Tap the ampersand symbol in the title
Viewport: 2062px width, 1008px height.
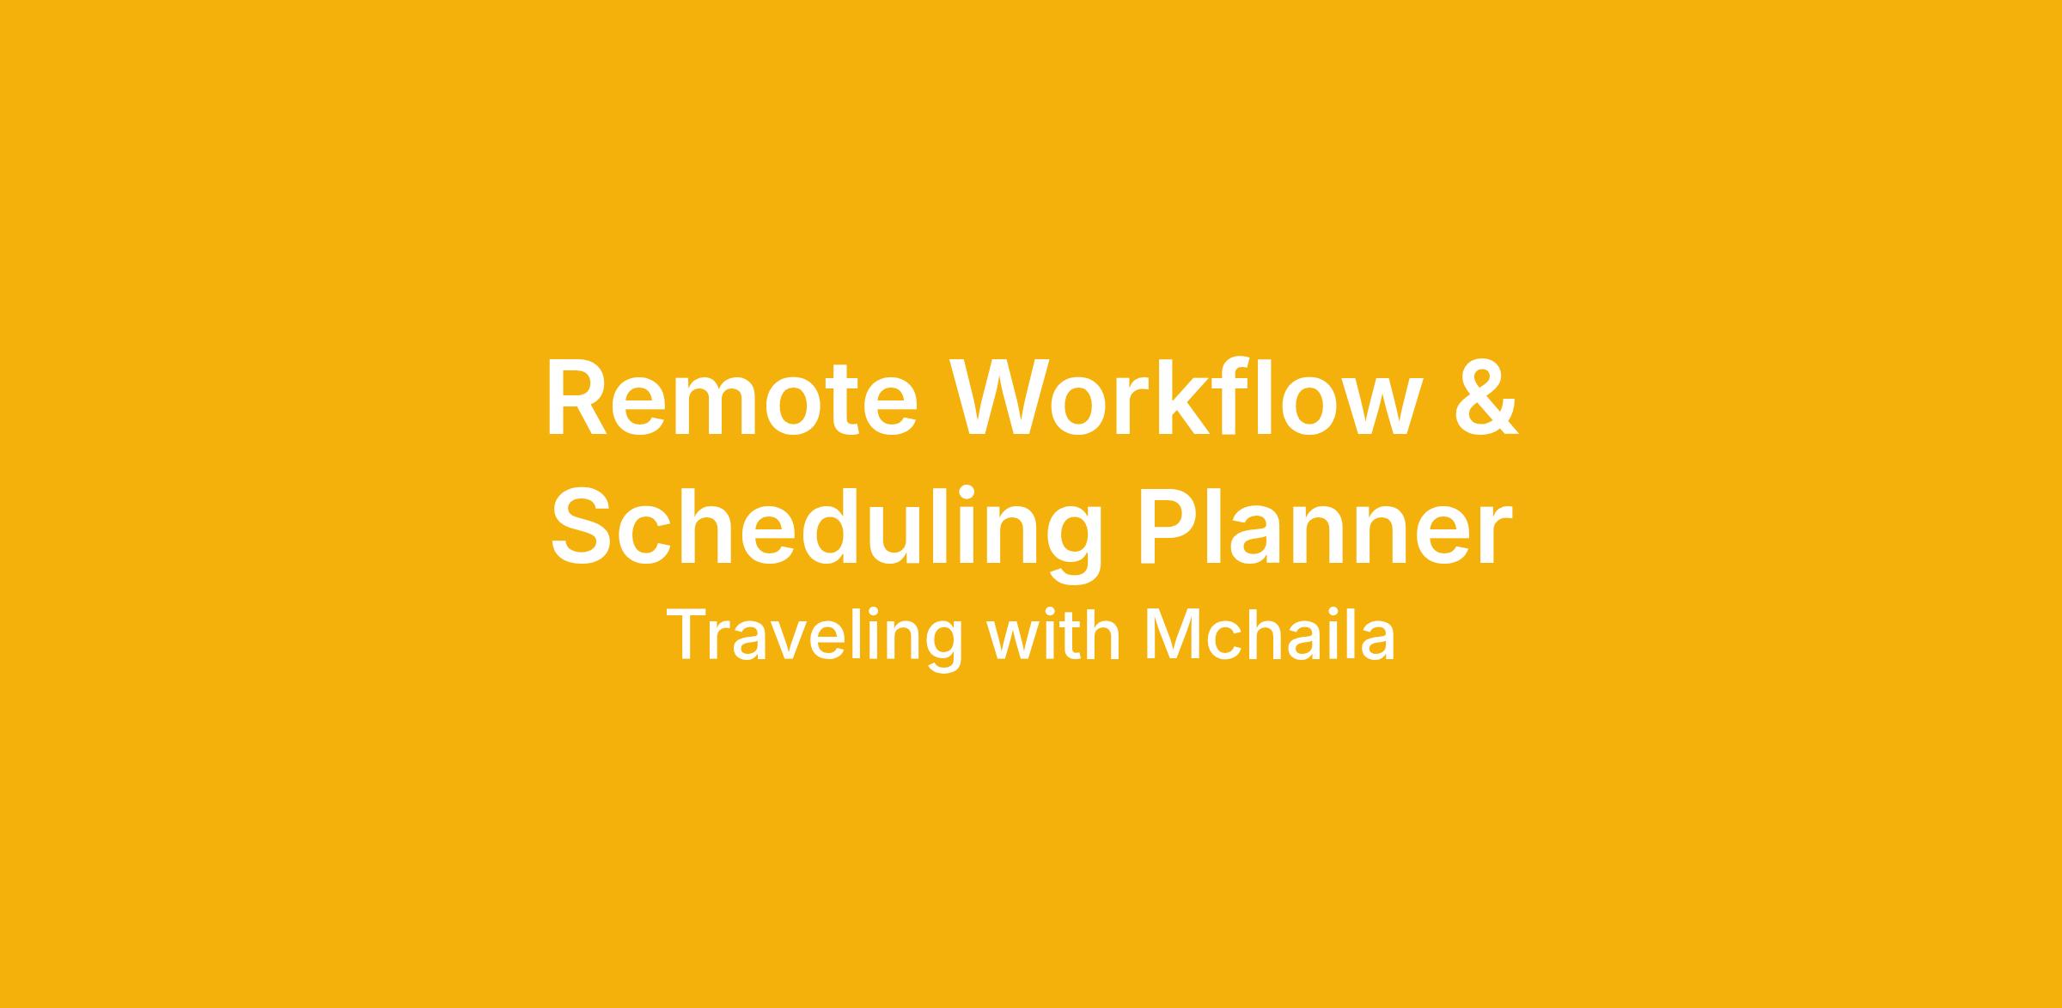1486,397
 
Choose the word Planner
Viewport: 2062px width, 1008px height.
1325,526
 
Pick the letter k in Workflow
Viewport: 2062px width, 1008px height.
1196,395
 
